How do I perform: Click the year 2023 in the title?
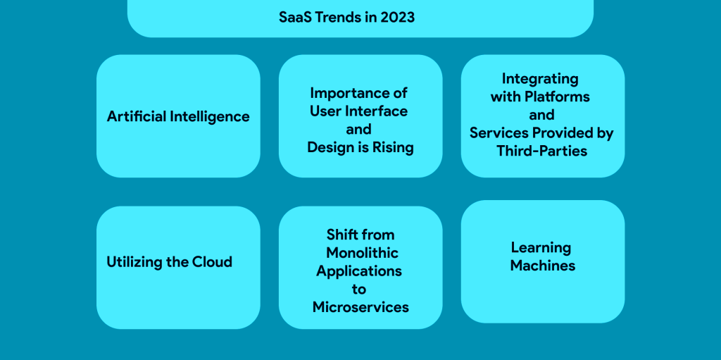point(397,17)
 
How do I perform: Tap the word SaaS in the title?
point(294,17)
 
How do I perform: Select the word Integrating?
point(540,78)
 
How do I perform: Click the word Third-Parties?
point(541,151)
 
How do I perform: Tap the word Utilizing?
point(134,262)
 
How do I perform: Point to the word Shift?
point(342,235)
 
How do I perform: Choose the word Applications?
point(359,271)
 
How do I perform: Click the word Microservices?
point(360,307)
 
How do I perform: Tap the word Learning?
point(541,247)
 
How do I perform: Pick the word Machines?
point(543,266)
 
